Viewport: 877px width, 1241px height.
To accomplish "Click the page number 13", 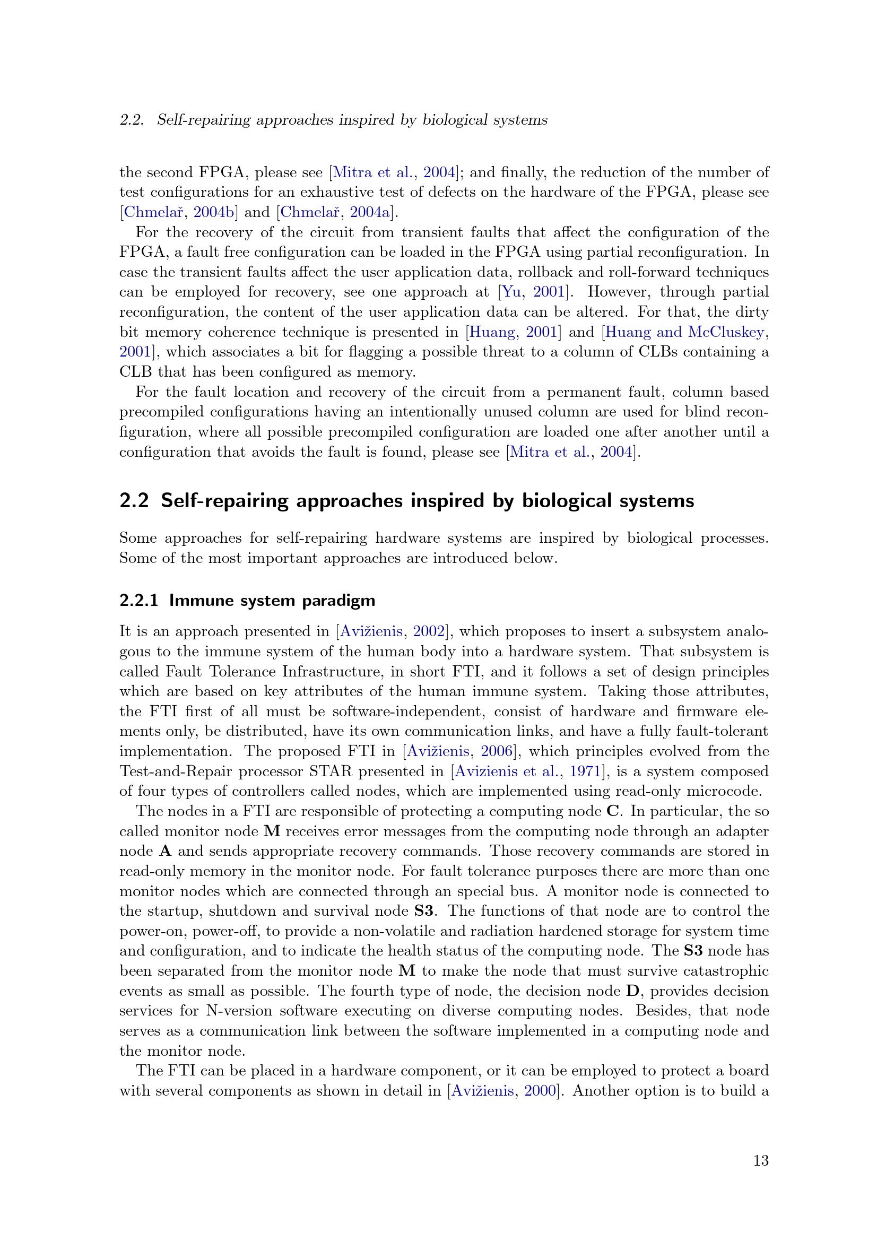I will (x=760, y=1160).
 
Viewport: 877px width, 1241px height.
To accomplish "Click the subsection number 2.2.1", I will (x=139, y=601).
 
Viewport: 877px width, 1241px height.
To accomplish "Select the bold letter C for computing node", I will (x=612, y=811).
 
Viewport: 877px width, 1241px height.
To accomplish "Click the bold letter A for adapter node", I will (x=166, y=851).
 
